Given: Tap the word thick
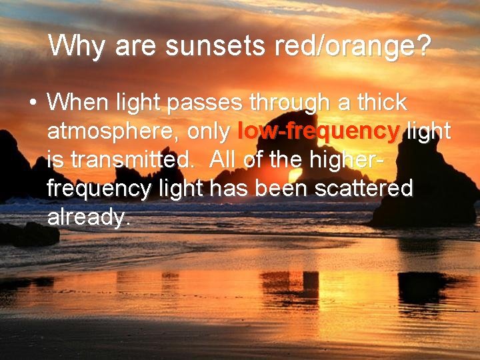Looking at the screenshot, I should [381, 103].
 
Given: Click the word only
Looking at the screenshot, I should [209, 132].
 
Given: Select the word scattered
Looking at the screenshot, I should [364, 189].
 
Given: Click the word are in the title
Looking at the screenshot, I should [135, 47].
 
